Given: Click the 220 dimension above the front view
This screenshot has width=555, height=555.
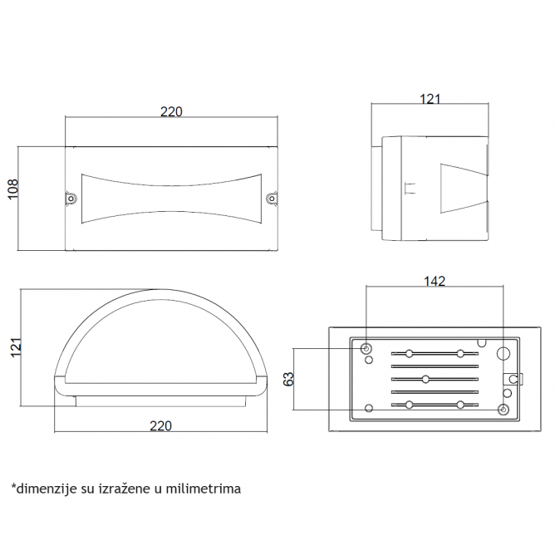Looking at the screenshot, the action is (171, 112).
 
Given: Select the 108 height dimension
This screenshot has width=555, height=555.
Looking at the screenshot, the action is (13, 189).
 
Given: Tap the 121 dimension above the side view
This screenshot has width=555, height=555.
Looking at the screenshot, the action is (430, 99).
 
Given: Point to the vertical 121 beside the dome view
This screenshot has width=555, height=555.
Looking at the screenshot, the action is (16, 347).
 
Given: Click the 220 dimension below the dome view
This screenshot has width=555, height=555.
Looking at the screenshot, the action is (160, 426).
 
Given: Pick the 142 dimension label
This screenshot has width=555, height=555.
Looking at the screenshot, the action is (435, 281).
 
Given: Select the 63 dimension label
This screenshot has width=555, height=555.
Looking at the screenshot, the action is (289, 379).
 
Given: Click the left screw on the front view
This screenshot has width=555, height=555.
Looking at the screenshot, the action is (71, 199).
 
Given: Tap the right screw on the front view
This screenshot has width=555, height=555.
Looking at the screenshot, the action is (272, 199).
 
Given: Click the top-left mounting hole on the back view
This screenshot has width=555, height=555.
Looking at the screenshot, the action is (366, 349).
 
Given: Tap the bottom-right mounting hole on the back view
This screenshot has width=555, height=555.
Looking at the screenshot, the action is (503, 410).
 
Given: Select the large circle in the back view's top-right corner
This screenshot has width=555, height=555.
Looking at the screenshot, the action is (503, 353).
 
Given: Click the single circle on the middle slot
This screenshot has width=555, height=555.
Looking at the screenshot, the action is (426, 380).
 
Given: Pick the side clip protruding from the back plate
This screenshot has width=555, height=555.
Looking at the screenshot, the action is (513, 380).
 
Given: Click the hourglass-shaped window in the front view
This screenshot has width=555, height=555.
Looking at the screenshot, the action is (172, 199).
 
